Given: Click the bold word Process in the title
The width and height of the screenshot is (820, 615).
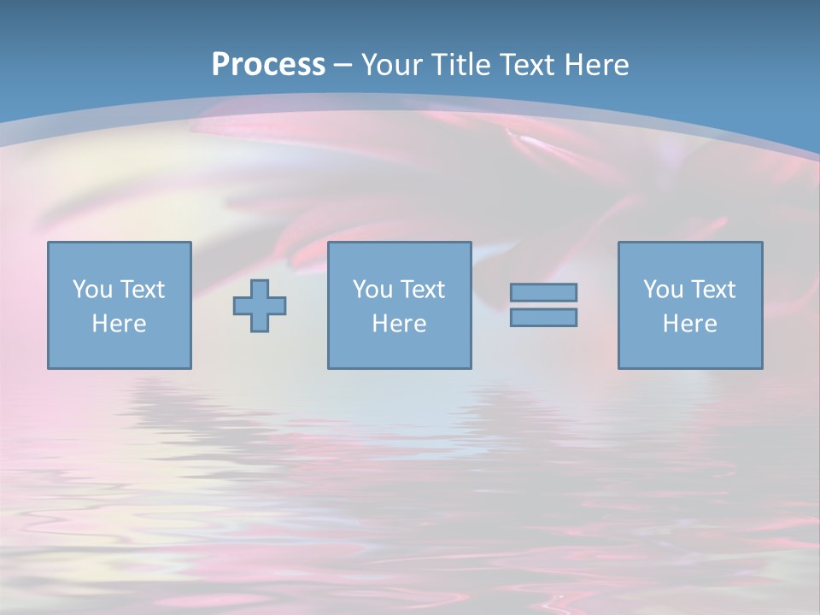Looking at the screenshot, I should (x=268, y=65).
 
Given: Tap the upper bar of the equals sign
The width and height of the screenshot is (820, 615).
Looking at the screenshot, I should (x=543, y=292).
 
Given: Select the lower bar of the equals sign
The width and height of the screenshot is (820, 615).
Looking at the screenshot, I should (x=543, y=317).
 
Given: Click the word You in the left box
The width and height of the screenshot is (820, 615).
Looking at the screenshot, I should (x=91, y=290).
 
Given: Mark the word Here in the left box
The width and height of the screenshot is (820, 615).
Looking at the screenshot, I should (x=119, y=324).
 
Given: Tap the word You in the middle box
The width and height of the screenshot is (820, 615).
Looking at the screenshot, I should (x=372, y=290).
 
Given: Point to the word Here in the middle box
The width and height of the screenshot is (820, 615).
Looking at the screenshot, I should (x=399, y=324).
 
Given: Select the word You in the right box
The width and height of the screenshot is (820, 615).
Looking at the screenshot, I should (x=662, y=290).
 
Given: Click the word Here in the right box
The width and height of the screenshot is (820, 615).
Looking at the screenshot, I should (x=689, y=324).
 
